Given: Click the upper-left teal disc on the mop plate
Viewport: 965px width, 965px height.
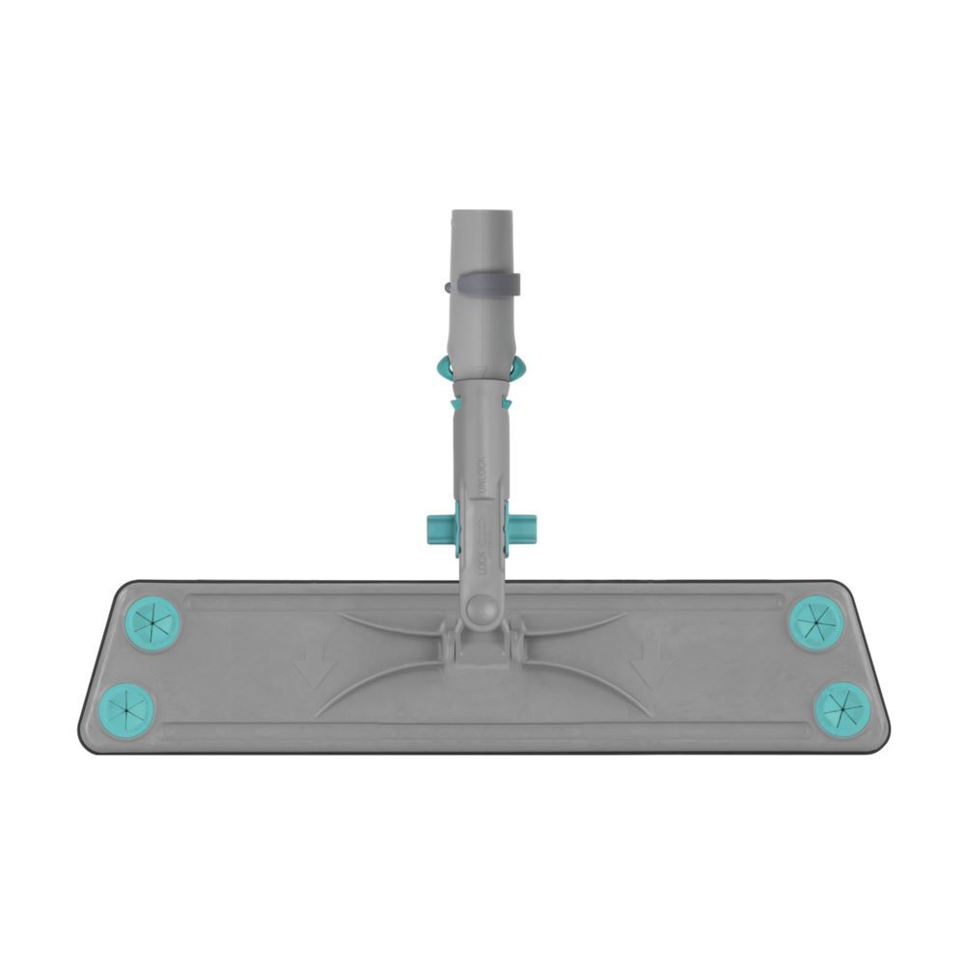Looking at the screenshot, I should coord(153,623).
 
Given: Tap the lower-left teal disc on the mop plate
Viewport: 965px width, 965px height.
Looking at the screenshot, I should coord(127,708).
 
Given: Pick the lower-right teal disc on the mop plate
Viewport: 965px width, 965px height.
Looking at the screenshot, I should coord(841,706).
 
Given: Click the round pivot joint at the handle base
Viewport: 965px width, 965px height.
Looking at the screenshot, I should coord(481,610).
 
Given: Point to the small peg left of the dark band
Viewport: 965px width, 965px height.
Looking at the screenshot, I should coord(443,287).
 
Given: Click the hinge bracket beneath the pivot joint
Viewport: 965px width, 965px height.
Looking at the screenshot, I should coord(480,645).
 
